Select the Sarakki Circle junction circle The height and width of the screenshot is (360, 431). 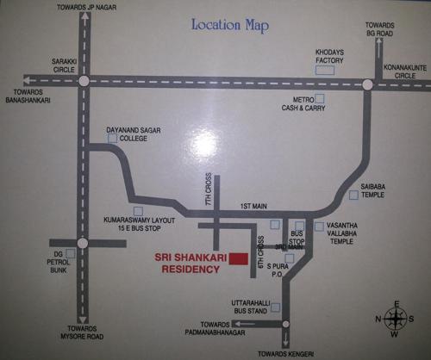pyautogui.click(x=84, y=82)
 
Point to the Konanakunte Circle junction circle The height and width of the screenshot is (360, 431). pyautogui.click(x=367, y=84)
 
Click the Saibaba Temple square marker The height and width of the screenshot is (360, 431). pyautogui.click(x=353, y=195)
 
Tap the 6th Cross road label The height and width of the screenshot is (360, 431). pyautogui.click(x=259, y=244)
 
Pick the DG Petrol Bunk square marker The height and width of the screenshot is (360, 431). pyautogui.click(x=59, y=245)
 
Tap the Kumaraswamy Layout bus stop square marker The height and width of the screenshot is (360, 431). pyautogui.click(x=137, y=210)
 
